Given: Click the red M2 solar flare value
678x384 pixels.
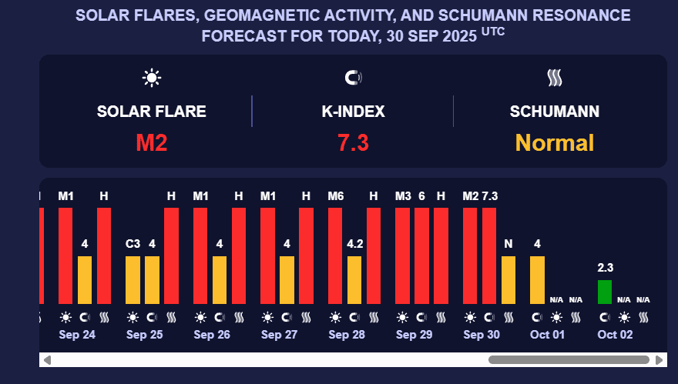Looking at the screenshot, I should coord(152,142).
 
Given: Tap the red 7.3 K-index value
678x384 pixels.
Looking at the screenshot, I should coord(353,142).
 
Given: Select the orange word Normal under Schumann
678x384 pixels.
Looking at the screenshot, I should coord(554,142).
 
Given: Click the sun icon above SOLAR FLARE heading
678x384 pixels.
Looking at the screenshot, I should coord(152,78).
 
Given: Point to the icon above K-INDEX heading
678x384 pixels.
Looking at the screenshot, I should coord(353,78).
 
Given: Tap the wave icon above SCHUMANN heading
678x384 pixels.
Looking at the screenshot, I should coord(554,78).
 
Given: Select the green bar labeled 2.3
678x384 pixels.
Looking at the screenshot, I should coord(605,292).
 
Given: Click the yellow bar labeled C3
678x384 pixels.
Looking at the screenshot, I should coord(133,280).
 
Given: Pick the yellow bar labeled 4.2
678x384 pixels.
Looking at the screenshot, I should coord(354,280).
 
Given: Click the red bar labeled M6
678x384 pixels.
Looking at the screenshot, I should coord(335,255).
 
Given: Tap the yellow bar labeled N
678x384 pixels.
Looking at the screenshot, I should coord(509,280).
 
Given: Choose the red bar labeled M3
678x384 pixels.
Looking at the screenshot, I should coord(402,255).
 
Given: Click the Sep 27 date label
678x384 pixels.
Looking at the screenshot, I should coord(279,335).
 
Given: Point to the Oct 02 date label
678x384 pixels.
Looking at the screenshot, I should coord(615,335).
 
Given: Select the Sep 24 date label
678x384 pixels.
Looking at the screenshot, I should coord(77,335).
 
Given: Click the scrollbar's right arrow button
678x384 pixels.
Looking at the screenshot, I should coord(659,359).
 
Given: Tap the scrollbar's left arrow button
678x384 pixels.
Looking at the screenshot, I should coord(47,359).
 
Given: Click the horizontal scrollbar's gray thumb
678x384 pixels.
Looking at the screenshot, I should coord(569,359).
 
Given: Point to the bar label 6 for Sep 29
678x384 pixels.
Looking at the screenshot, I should coord(421,196).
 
